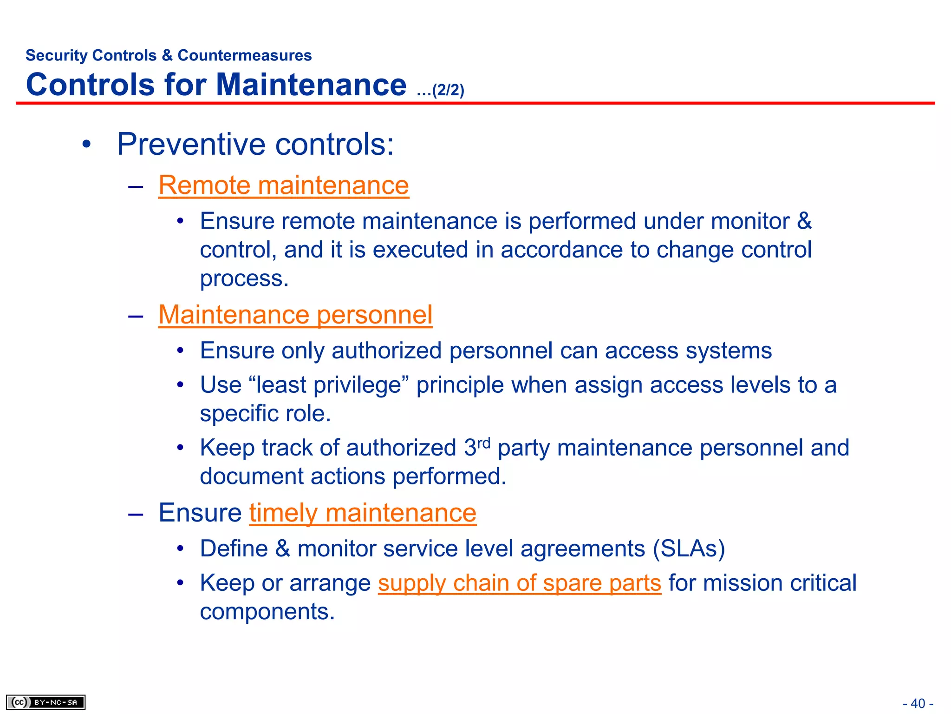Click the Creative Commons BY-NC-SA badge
point(46,702)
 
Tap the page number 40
point(918,703)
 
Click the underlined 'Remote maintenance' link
point(283,185)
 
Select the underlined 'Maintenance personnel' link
point(295,315)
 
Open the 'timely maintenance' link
point(363,513)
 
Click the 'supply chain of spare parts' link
point(519,583)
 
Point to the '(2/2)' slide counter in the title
point(448,90)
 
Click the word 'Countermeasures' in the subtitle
point(245,55)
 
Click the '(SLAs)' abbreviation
point(689,549)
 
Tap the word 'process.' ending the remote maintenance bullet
point(244,279)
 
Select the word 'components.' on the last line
point(267,612)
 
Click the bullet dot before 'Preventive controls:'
point(86,145)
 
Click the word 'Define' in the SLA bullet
point(234,549)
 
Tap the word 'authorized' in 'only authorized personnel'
point(386,350)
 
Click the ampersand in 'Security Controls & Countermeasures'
point(167,55)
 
